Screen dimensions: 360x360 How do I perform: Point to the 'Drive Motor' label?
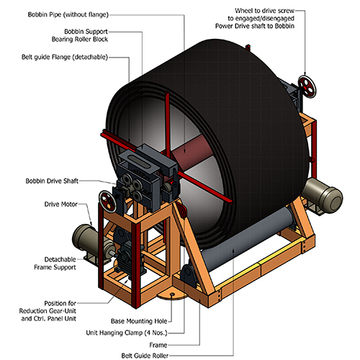click(53, 204)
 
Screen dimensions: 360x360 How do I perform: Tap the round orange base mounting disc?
click(171, 294)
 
